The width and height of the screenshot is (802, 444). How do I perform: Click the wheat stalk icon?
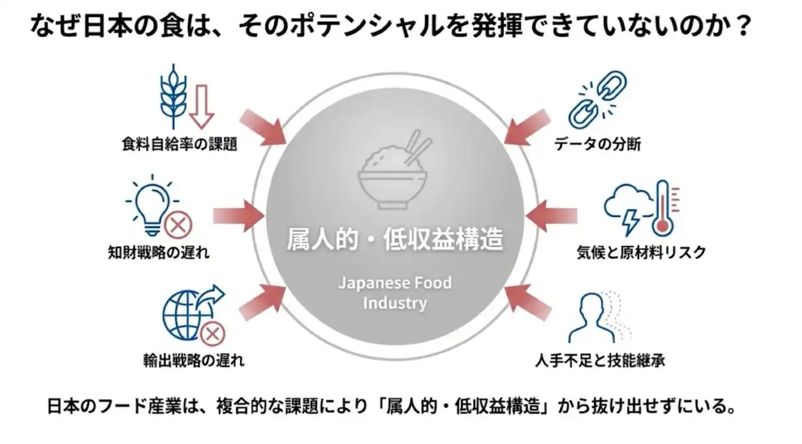coord(174,100)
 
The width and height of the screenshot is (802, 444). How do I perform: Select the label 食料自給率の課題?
coord(180,145)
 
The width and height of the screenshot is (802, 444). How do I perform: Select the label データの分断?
coord(597,145)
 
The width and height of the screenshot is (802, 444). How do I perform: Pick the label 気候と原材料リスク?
coord(641,252)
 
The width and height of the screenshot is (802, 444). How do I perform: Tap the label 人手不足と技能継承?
coord(600,361)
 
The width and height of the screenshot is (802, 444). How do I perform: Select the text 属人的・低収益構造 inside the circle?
coord(395,239)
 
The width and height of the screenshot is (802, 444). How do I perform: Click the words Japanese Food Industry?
coord(395,293)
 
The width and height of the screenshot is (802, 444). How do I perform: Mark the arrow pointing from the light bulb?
coord(238,216)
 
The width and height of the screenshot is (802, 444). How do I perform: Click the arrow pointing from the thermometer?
coord(551,216)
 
